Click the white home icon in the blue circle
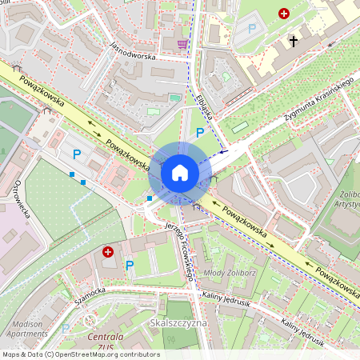[179, 173]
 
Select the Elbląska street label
[203, 107]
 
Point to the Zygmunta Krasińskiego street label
[318, 105]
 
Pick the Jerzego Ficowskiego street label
[180, 248]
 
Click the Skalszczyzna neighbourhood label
[178, 322]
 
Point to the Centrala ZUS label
[105, 342]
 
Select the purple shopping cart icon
[182, 44]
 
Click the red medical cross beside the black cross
[283, 14]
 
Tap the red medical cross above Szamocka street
[108, 252]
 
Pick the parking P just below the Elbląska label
[199, 133]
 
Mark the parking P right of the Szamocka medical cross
[130, 265]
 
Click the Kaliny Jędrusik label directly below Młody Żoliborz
[226, 296]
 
